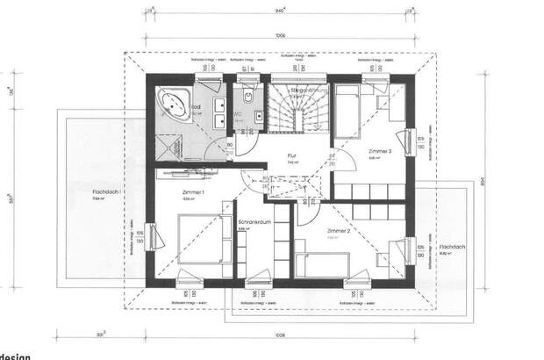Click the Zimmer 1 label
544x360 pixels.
193,192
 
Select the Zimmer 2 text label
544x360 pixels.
339,231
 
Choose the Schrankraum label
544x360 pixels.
252,223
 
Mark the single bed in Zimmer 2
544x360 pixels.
325,262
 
